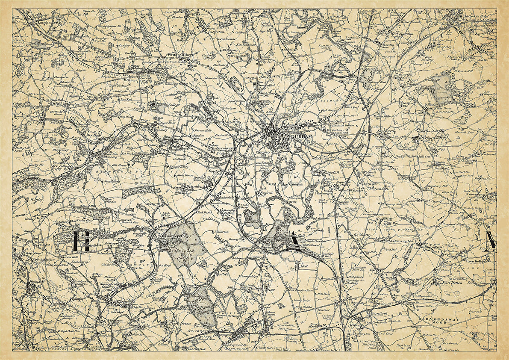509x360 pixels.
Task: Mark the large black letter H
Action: pos(81,242)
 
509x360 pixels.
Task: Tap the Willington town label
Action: pos(124,301)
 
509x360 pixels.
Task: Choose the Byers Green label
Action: pos(179,324)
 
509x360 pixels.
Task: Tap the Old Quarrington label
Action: pos(400,241)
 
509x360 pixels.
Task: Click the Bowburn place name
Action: pos(361,235)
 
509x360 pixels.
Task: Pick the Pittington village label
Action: pos(403,74)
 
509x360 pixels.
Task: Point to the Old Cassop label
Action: pos(433,201)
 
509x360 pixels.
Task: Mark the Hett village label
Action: pos(305,266)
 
